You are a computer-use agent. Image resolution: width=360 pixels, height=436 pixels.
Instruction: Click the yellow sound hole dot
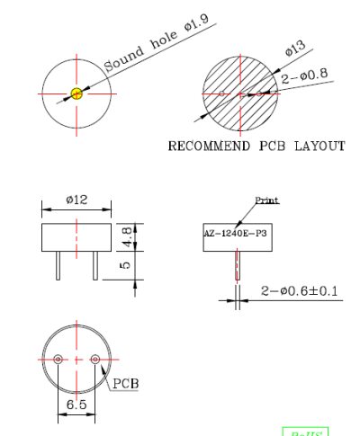coord(76,93)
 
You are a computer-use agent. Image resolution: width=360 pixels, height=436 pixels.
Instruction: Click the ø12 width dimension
coord(76,200)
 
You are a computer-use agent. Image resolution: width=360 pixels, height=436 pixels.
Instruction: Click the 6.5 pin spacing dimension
coord(76,405)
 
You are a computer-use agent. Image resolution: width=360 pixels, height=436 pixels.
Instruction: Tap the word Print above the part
coord(267,201)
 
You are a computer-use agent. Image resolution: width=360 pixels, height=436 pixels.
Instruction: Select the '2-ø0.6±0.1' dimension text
coord(299,290)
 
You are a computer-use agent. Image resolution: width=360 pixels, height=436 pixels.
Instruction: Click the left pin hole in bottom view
coord(58,359)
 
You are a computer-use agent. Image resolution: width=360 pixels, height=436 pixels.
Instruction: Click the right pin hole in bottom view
coord(96,359)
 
